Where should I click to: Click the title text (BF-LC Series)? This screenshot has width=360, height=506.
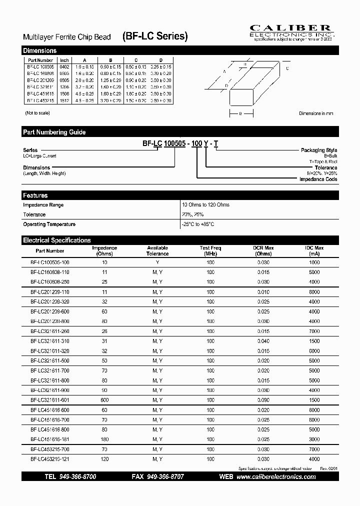click(x=155, y=36)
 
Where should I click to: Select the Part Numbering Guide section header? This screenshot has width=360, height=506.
click(x=54, y=132)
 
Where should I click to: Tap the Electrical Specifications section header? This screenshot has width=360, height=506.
click(x=57, y=240)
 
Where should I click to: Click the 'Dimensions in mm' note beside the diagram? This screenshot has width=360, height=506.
click(x=316, y=114)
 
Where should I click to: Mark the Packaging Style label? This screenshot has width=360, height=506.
click(x=318, y=150)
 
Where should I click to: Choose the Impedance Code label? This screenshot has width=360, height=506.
click(x=318, y=179)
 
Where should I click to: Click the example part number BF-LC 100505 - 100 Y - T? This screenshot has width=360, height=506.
click(x=180, y=143)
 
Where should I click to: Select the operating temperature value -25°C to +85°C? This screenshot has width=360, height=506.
click(x=198, y=224)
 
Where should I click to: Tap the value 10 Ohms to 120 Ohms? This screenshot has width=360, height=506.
click(x=206, y=205)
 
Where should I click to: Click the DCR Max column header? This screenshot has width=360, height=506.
click(x=263, y=250)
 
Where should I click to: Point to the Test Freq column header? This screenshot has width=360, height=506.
click(x=210, y=250)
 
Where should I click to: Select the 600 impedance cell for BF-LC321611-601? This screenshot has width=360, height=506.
click(x=104, y=400)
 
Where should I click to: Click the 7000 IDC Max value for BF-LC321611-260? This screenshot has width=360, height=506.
click(x=314, y=331)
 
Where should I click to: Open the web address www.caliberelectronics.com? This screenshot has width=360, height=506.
click(x=276, y=477)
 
